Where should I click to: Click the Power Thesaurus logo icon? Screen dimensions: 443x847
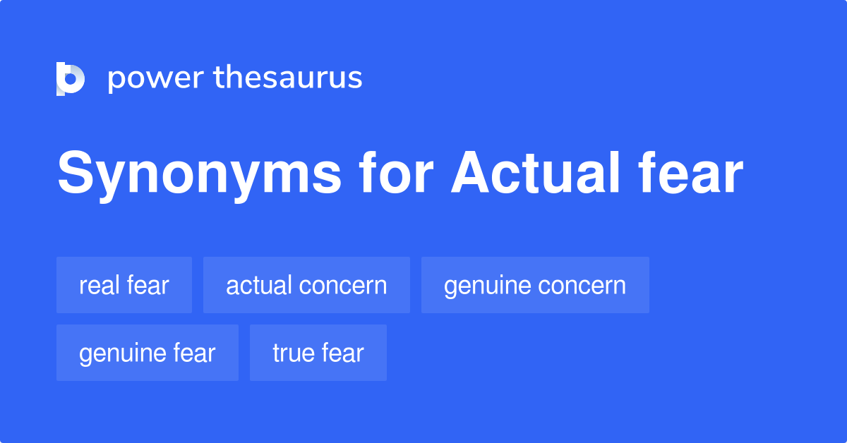(71, 78)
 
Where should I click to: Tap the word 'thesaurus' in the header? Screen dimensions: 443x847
(288, 78)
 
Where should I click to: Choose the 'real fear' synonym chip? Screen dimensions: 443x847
(124, 285)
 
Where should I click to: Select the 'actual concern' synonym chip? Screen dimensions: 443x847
(306, 285)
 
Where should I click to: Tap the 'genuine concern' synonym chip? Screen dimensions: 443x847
(535, 285)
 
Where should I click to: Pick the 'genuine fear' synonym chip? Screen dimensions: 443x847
(148, 353)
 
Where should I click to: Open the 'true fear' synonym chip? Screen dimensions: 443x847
(318, 353)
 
